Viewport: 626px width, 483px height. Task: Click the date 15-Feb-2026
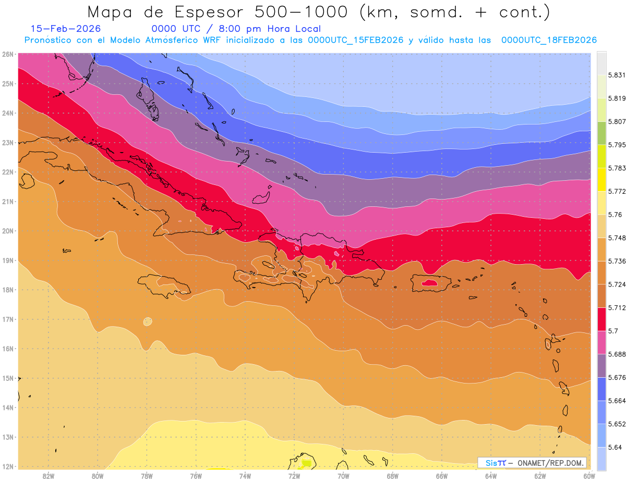(x=66, y=29)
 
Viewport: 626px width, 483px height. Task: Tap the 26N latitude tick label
(x=8, y=54)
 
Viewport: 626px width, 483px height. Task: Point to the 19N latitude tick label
(x=8, y=261)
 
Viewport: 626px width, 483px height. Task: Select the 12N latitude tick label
(x=8, y=466)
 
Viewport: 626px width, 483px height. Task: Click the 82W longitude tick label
(x=49, y=476)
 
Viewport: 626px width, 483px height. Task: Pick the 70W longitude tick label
(x=343, y=476)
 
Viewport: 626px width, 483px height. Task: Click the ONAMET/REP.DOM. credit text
(x=551, y=463)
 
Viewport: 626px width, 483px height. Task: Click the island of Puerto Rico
(x=431, y=283)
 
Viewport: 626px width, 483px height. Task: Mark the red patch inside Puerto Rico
(x=429, y=282)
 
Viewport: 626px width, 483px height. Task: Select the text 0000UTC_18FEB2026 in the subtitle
(x=549, y=40)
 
